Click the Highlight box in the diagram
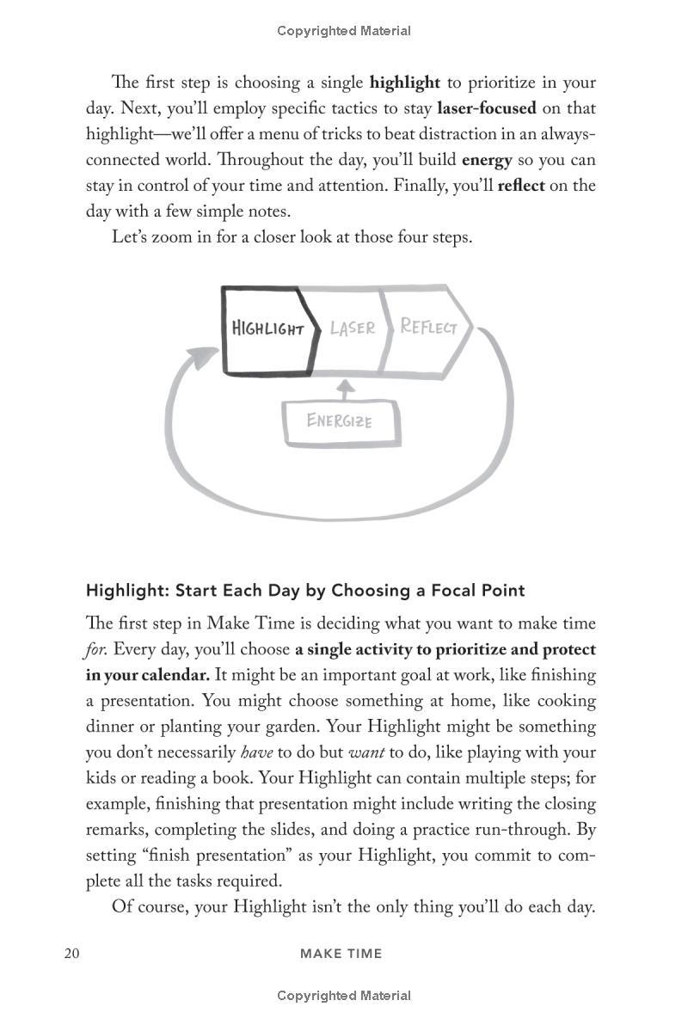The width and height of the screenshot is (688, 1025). click(266, 330)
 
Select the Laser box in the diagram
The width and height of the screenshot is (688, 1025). click(351, 328)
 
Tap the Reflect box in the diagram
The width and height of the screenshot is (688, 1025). click(428, 328)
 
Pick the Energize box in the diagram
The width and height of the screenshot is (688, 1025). click(341, 422)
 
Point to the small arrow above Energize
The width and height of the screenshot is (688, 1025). click(344, 389)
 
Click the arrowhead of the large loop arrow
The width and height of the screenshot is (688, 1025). click(203, 356)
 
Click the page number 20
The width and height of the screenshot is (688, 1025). click(71, 953)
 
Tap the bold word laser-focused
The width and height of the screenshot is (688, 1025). click(486, 108)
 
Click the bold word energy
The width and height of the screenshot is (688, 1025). click(487, 160)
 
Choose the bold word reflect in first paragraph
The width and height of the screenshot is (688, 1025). click(521, 186)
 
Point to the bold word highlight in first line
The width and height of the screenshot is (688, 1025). click(404, 83)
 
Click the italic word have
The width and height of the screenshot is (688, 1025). click(256, 752)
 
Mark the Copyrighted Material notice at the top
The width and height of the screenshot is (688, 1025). click(344, 31)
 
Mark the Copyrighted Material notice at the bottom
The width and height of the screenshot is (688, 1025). click(344, 996)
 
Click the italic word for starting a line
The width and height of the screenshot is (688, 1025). click(96, 649)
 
